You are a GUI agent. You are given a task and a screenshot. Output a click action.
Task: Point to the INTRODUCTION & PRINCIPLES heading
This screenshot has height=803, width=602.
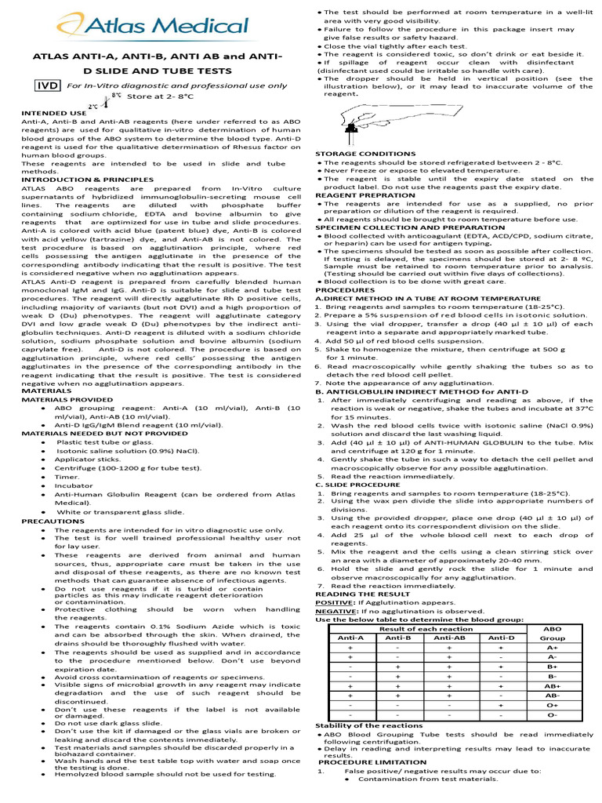pyautogui.click(x=88, y=179)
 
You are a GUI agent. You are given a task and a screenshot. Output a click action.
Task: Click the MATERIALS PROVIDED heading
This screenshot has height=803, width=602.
pyautogui.click(x=66, y=398)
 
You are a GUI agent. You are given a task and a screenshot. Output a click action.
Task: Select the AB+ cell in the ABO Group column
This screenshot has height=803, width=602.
pyautogui.click(x=551, y=685)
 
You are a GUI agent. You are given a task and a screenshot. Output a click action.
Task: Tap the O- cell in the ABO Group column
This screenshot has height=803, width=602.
pyautogui.click(x=551, y=715)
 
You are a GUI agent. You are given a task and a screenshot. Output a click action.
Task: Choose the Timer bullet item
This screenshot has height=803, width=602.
pyautogui.click(x=67, y=476)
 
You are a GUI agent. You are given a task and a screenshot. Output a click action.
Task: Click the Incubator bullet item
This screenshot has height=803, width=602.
pyautogui.click(x=74, y=485)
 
